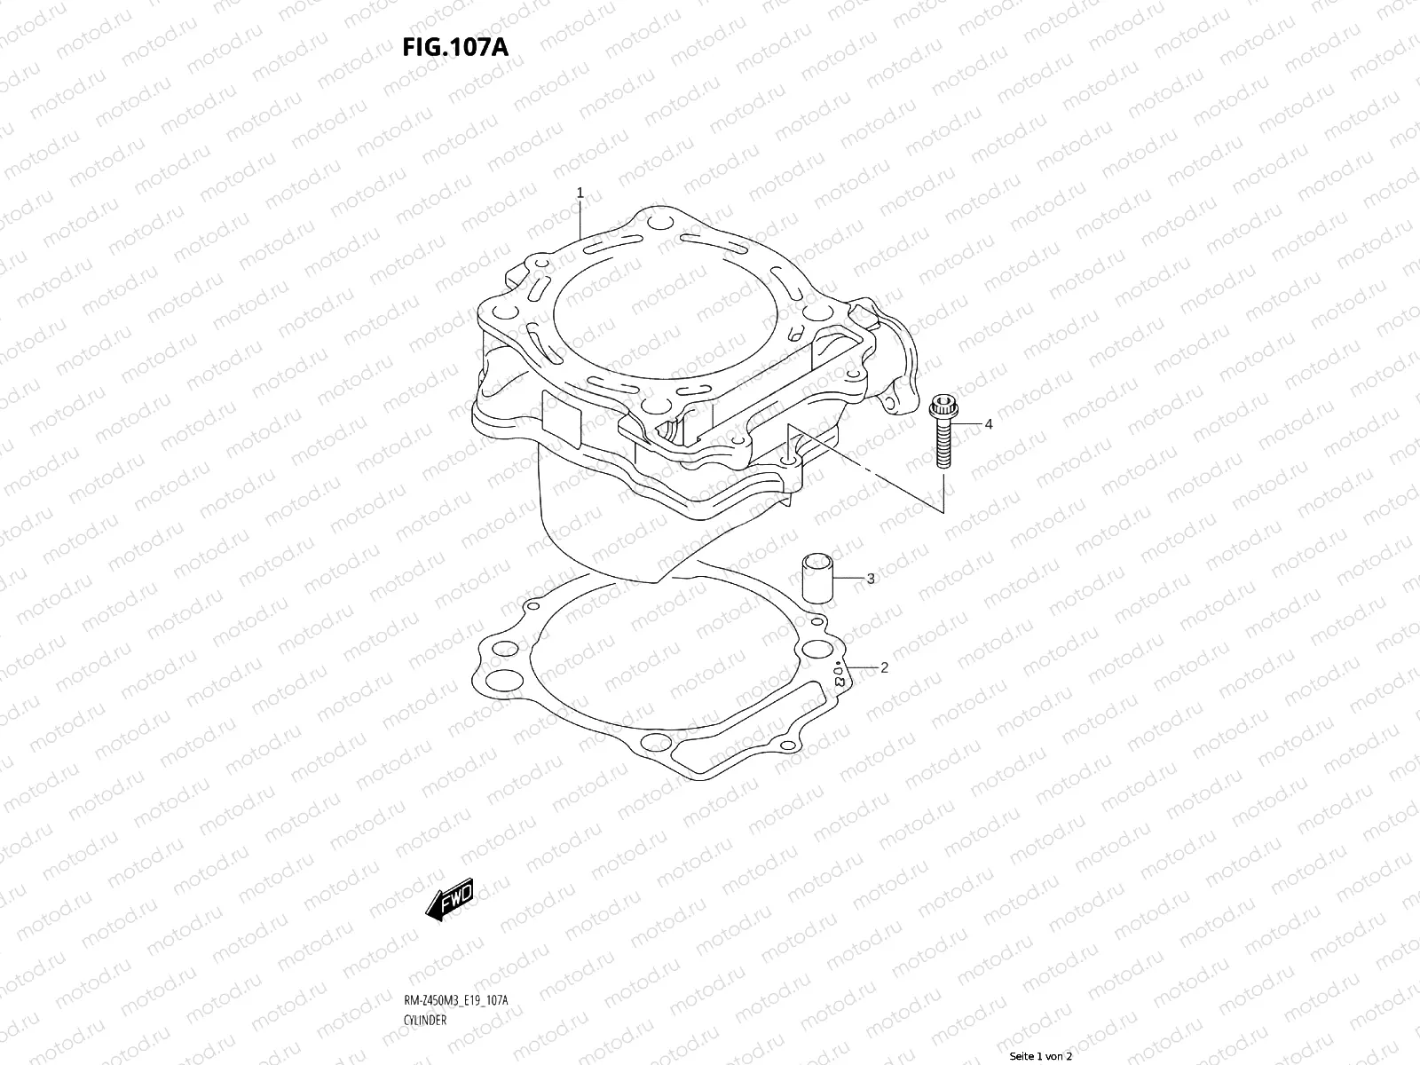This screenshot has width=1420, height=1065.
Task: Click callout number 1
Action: (x=580, y=192)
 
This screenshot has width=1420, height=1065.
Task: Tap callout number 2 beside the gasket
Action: (x=884, y=668)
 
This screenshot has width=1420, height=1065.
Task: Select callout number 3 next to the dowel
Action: (x=871, y=579)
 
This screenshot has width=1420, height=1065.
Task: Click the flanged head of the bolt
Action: (x=941, y=411)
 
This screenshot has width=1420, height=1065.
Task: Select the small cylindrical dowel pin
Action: (x=816, y=578)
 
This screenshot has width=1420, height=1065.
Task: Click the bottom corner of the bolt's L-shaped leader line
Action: (x=943, y=513)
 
